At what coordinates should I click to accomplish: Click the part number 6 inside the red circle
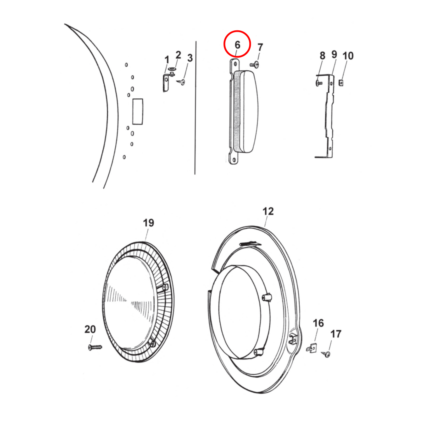237,45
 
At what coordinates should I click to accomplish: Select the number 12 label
268,211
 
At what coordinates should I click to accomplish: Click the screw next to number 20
95,347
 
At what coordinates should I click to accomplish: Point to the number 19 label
148,223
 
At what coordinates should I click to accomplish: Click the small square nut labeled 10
341,83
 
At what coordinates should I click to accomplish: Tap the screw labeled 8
319,83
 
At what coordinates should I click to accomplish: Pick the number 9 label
334,55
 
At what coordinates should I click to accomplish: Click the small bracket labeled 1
166,83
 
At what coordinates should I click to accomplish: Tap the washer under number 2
172,69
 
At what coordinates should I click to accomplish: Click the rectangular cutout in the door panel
138,112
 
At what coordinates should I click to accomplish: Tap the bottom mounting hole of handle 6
234,160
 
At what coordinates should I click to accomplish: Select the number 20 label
90,329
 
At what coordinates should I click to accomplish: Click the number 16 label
318,323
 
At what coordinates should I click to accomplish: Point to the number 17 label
336,334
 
